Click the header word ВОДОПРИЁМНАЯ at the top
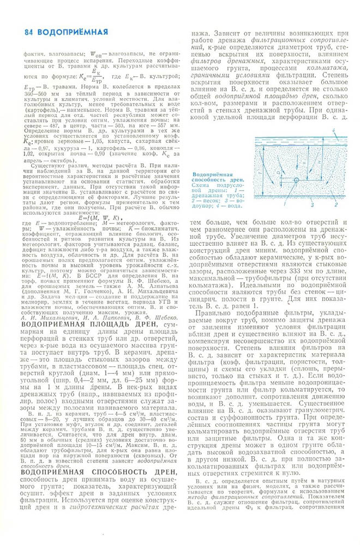(x=62, y=31)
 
